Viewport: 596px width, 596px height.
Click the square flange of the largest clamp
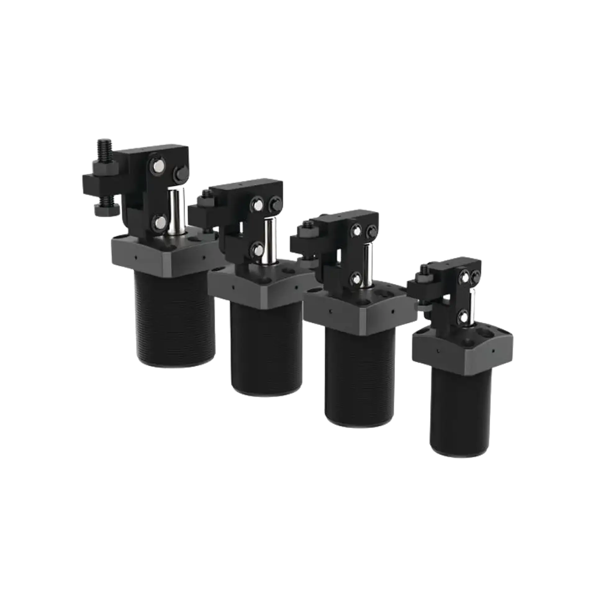click(161, 255)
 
